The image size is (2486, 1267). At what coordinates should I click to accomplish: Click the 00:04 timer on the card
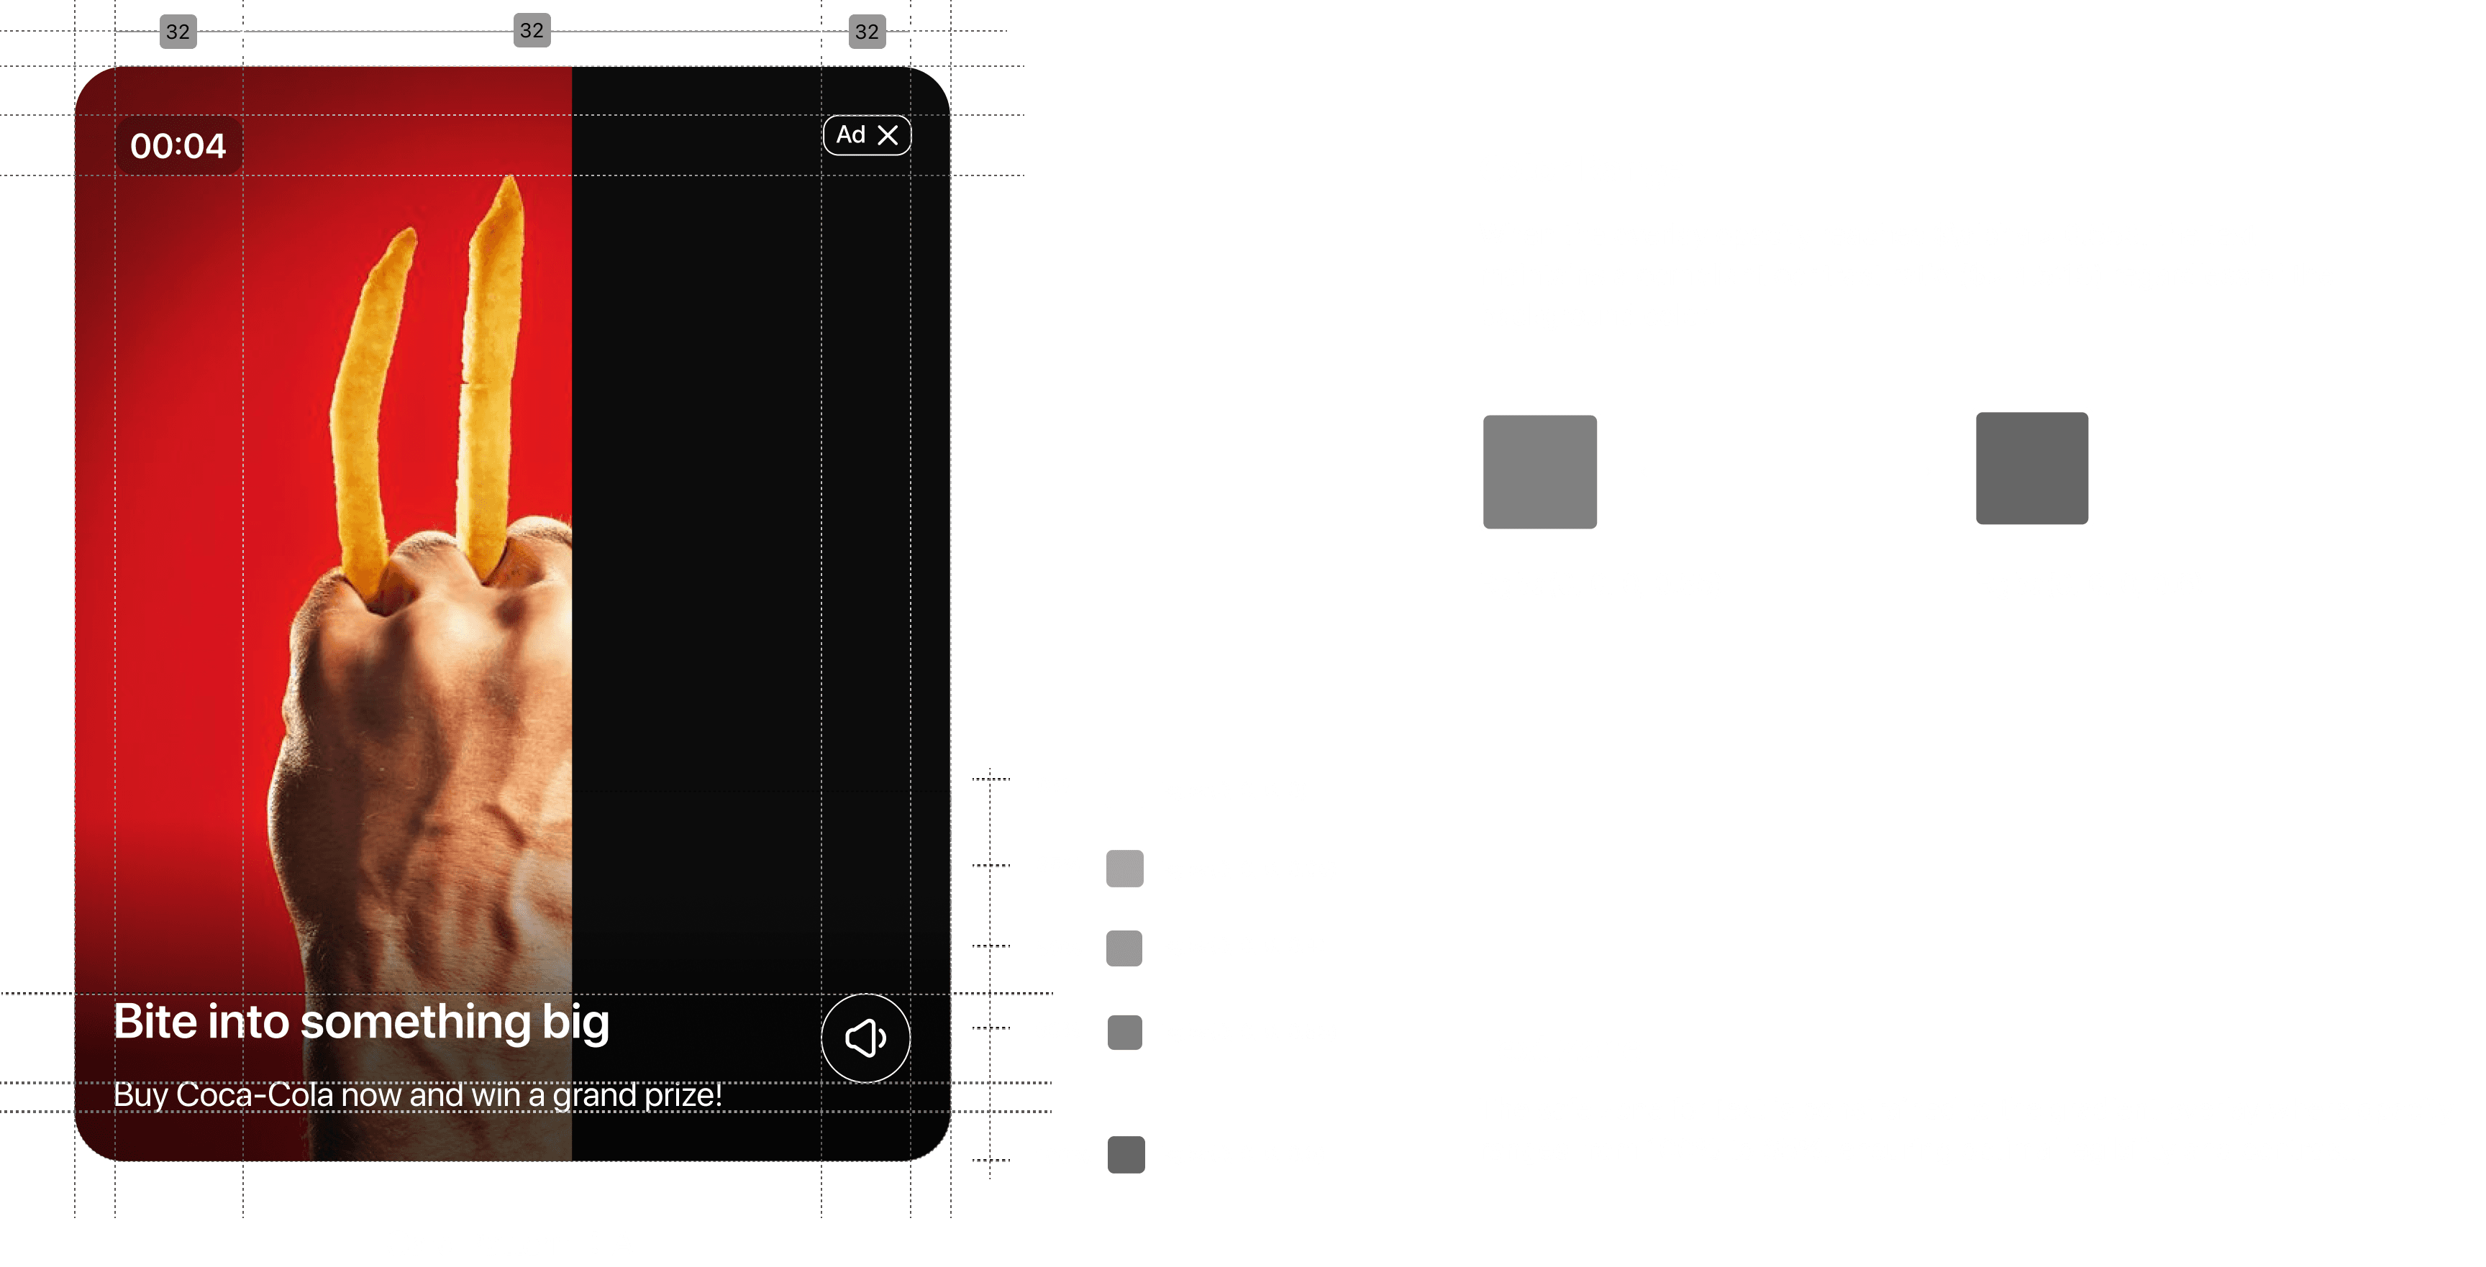coord(178,146)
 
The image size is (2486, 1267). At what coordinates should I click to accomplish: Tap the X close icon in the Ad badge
coord(888,135)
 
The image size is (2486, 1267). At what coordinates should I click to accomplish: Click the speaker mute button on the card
coord(865,1038)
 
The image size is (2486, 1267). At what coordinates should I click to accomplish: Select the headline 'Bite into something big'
coord(361,1021)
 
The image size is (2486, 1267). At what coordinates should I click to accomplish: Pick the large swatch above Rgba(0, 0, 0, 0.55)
coord(1539,471)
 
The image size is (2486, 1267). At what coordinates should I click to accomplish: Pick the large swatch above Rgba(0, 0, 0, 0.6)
coord(2031,469)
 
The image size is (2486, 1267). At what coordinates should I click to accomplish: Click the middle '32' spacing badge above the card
coord(532,31)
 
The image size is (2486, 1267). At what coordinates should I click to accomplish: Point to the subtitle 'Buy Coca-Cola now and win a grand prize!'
coord(417,1095)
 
